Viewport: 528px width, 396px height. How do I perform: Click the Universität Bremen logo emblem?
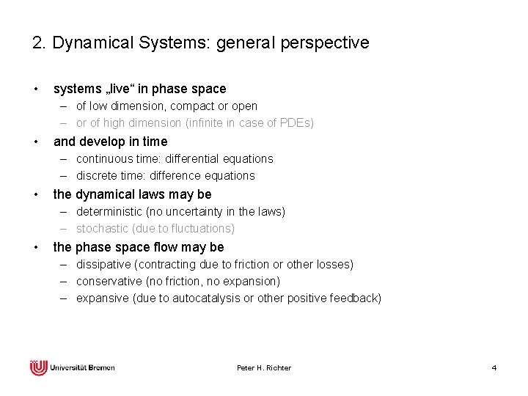coord(38,367)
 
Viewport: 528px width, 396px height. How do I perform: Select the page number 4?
coord(494,367)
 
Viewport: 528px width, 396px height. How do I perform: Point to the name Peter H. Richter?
coord(264,367)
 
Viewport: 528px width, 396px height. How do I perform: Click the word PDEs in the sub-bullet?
coord(296,123)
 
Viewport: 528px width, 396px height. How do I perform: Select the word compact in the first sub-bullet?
coord(206,106)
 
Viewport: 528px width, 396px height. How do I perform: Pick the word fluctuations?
coord(198,228)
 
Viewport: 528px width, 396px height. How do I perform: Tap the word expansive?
coord(101,298)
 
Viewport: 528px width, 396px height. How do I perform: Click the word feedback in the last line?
coord(355,298)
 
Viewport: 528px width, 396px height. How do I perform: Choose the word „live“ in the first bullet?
coord(117,89)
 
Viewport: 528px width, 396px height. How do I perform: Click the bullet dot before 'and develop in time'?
coord(36,142)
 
